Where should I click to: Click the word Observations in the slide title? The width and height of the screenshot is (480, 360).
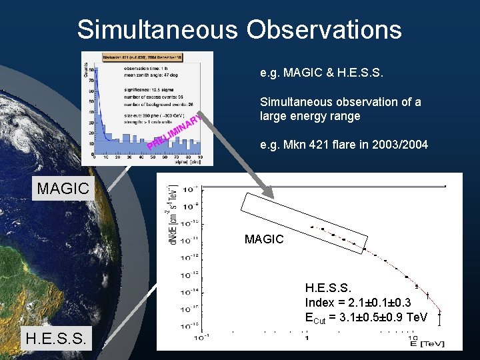coord(323,30)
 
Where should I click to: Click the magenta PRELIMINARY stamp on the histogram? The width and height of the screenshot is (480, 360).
coord(175,133)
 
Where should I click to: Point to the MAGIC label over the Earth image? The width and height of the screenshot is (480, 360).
coord(63,189)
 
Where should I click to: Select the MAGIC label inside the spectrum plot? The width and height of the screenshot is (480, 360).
coord(264,239)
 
